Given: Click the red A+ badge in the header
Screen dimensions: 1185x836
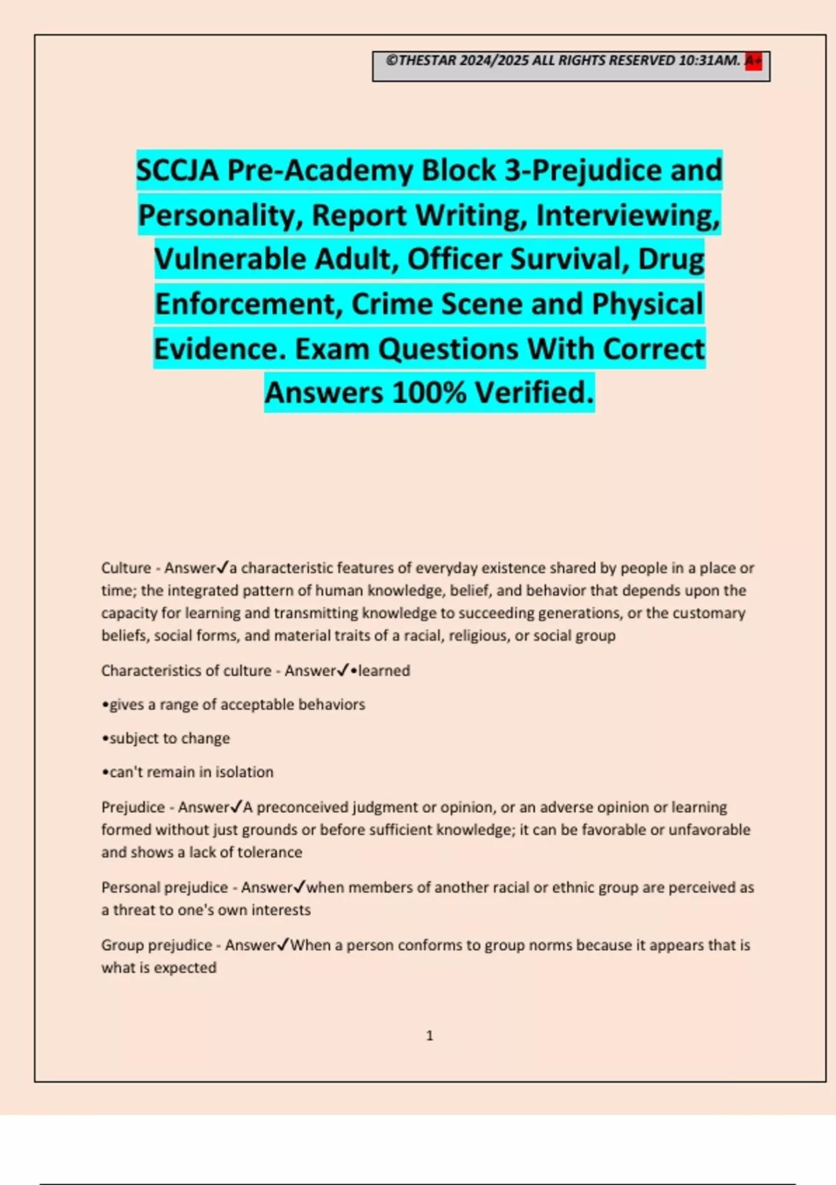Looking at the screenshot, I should coord(753,61).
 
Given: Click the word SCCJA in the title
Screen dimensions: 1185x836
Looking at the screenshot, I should coord(178,171).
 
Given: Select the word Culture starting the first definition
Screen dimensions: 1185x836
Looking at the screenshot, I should coord(126,568).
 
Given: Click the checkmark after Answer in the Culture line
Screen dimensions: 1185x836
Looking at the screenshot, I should coord(224,567).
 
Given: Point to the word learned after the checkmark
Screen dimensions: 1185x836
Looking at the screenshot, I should coord(384,671).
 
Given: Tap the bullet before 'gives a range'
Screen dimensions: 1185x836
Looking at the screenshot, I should coord(105,705).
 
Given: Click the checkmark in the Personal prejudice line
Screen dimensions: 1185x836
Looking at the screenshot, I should coord(300,887).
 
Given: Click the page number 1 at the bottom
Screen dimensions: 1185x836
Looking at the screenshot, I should coord(430,1036).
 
